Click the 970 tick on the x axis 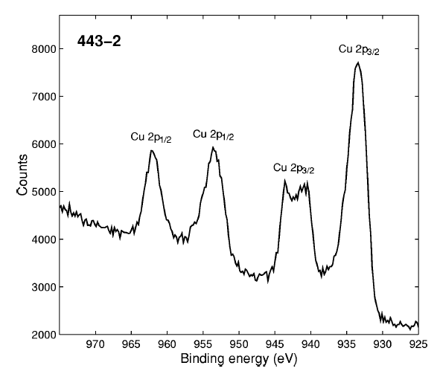click(x=95, y=346)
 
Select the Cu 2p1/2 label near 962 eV click(x=152, y=138)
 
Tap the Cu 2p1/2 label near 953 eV click(x=214, y=135)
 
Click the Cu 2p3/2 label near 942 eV click(x=295, y=168)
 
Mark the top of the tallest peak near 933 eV click(x=358, y=63)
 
